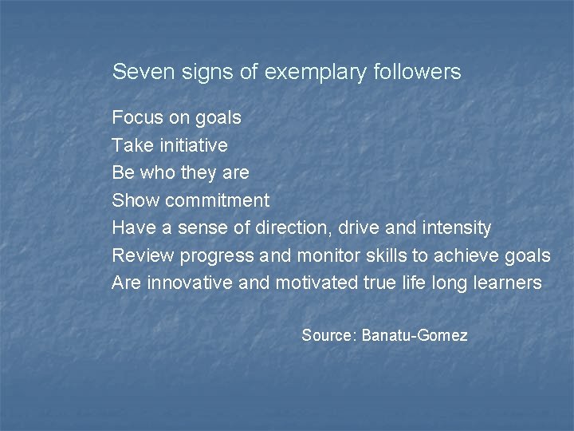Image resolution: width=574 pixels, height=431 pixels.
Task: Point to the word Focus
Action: click(137, 117)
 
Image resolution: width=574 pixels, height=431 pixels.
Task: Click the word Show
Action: click(135, 200)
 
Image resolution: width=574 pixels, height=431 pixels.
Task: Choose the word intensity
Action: click(452, 228)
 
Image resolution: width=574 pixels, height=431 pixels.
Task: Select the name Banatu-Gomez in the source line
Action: click(415, 335)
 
